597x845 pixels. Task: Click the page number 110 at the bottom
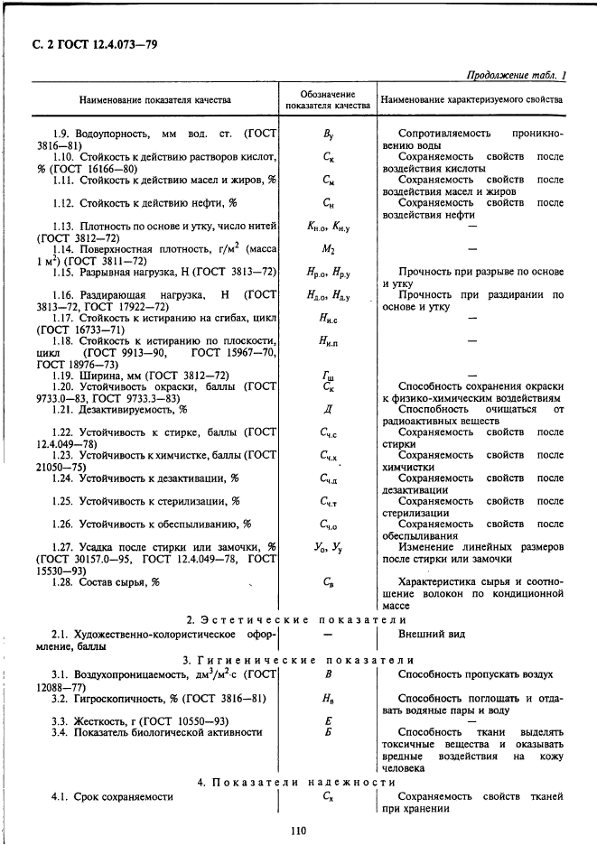pyautogui.click(x=298, y=831)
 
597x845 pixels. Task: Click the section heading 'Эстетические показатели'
pyautogui.click(x=298, y=620)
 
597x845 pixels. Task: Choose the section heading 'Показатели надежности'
pyautogui.click(x=298, y=782)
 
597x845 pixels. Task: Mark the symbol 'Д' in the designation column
pyautogui.click(x=328, y=409)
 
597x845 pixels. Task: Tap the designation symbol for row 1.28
pyautogui.click(x=328, y=582)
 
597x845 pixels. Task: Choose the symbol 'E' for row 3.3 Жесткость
pyautogui.click(x=328, y=720)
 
